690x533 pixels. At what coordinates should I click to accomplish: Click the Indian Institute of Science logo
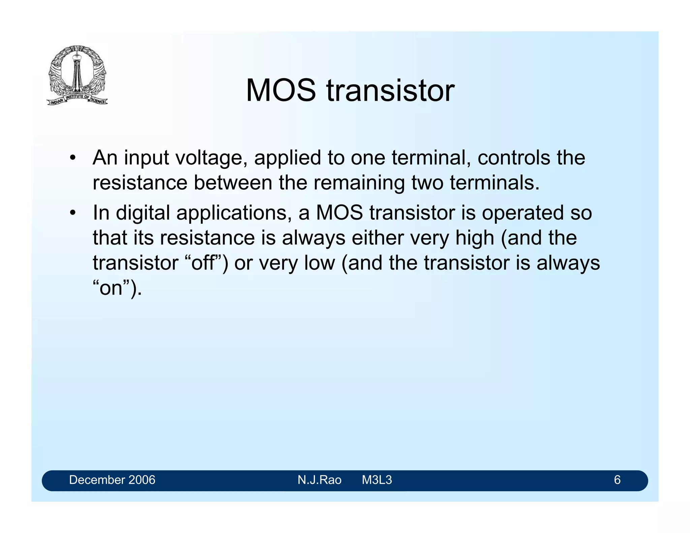pos(77,75)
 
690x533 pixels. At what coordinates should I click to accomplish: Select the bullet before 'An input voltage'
pos(72,158)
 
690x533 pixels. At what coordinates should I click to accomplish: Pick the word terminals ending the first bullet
pos(494,183)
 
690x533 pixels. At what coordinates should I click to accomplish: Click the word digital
pos(143,213)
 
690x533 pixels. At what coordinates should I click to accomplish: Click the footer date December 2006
pos(112,480)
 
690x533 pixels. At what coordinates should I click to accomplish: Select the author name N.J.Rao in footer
pos(319,480)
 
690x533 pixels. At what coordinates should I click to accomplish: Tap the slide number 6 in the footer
pos(617,480)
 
